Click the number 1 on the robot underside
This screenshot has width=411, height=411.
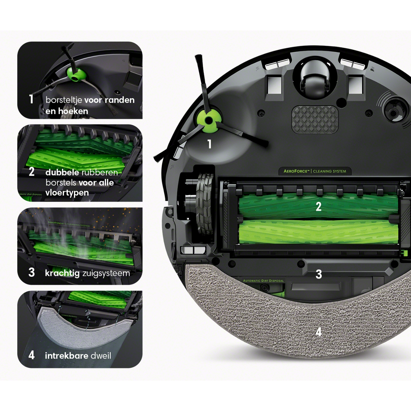pos(210,144)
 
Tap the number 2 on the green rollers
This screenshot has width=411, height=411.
pos(318,207)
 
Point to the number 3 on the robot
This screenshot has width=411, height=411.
pos(319,274)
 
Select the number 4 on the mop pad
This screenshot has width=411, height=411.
pos(318,332)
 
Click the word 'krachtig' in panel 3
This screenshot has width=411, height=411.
pos(62,273)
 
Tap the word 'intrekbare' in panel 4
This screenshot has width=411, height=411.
pos(67,356)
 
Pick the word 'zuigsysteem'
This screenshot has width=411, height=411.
pos(106,273)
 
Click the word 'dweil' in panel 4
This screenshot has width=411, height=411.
pos(101,356)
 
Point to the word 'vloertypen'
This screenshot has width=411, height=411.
pos(67,193)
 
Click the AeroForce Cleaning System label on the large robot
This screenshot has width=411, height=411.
pos(315,171)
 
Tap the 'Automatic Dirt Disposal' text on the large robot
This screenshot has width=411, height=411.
pos(263,281)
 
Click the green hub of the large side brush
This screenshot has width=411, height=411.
pos(208,120)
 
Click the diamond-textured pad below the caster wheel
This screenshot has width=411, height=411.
pos(315,120)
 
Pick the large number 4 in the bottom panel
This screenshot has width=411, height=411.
pos(32,355)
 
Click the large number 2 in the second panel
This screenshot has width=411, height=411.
pos(32,172)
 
